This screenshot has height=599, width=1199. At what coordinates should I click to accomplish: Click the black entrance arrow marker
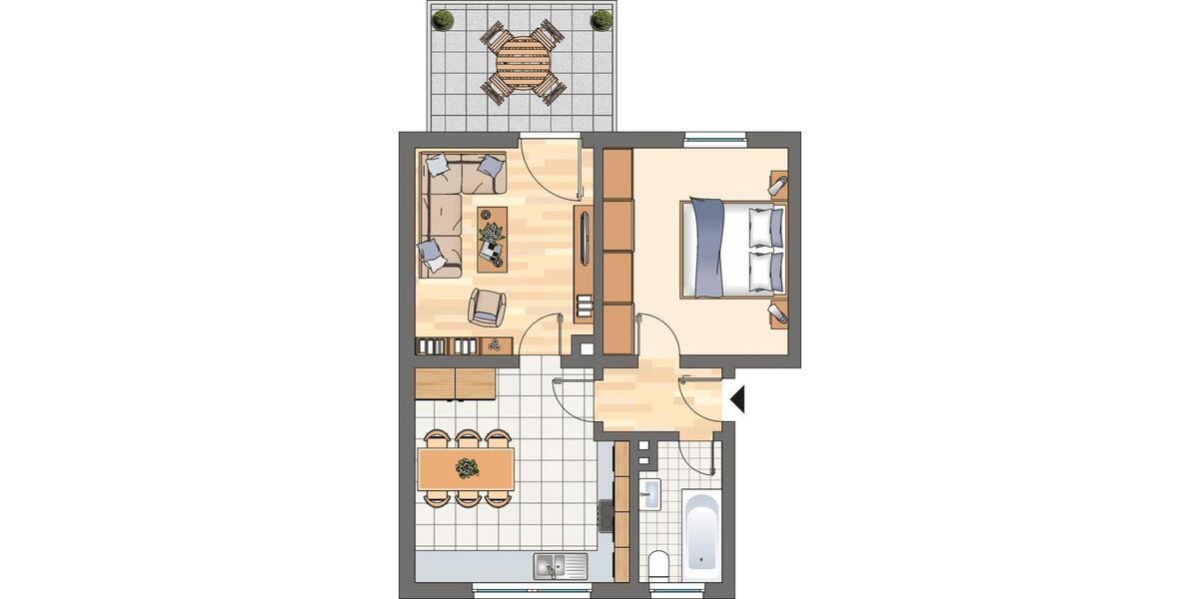738,399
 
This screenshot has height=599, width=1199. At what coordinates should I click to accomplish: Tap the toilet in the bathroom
658,565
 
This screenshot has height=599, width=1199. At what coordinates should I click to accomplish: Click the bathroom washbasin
650,493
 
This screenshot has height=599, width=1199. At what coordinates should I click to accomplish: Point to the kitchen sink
549,566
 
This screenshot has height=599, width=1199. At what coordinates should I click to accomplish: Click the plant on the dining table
467,466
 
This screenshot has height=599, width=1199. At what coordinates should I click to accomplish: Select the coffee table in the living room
491,239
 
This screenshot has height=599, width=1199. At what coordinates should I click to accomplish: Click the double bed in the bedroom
732,249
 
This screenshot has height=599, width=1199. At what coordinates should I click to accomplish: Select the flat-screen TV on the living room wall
585,239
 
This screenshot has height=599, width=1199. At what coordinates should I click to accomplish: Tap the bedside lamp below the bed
778,314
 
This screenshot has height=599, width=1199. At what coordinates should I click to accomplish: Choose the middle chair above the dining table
467,437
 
